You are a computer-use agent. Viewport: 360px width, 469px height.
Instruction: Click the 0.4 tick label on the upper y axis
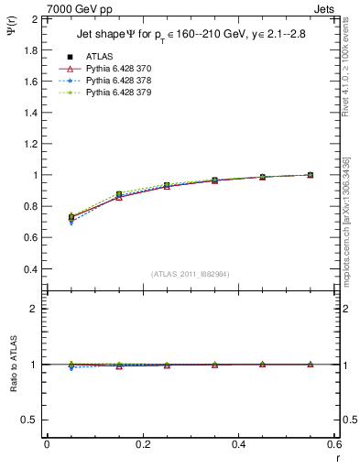(31, 269)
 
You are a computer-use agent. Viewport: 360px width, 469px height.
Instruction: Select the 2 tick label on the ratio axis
(36, 310)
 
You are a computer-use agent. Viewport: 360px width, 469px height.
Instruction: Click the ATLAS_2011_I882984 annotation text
(192, 274)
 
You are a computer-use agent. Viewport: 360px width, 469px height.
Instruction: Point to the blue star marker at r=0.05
(71, 222)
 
